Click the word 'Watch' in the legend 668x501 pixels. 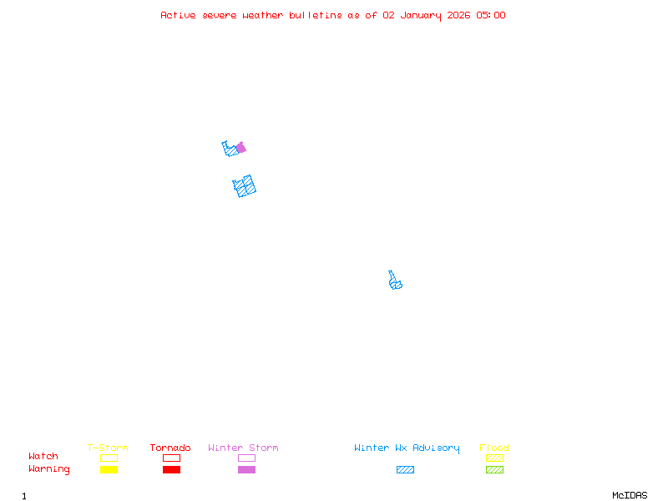43,457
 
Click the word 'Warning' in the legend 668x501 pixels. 48,469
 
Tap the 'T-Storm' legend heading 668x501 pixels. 108,448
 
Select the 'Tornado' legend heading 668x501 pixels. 170,448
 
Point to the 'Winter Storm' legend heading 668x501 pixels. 243,448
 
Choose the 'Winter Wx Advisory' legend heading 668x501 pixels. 407,448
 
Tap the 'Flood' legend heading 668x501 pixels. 494,448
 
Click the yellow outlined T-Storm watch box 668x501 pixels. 109,458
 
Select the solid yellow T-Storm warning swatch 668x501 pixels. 109,469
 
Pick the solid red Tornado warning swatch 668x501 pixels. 171,469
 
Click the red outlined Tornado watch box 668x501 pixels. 171,458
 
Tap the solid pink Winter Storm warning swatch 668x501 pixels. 246,469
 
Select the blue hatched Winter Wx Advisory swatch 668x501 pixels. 405,469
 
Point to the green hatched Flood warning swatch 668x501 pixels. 494,469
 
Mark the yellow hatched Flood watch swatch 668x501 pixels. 494,458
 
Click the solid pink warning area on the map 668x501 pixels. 241,148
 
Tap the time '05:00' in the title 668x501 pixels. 491,15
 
